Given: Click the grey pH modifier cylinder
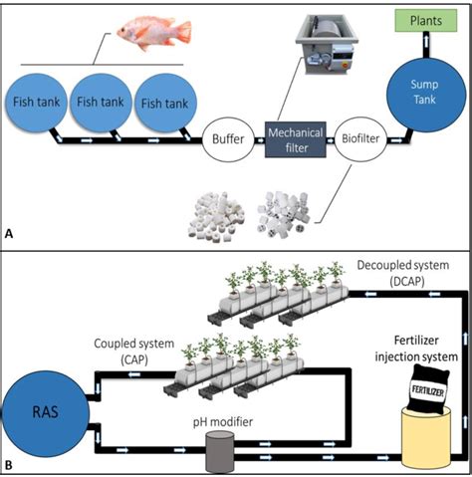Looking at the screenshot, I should (221, 453).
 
